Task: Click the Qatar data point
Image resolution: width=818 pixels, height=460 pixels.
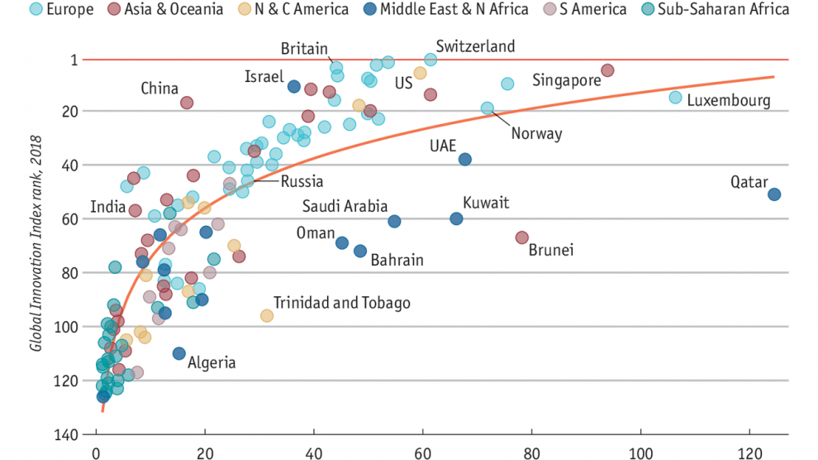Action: [x=774, y=194]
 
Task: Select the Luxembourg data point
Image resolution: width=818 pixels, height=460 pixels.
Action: [x=675, y=98]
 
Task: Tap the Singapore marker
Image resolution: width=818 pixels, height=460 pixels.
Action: [x=607, y=70]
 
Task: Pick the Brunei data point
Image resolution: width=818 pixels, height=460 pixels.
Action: [x=521, y=237]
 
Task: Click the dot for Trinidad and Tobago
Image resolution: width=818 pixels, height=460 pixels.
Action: [x=267, y=315]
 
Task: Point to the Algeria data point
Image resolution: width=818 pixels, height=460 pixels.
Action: [x=178, y=353]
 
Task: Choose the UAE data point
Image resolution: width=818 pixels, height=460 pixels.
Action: [x=465, y=159]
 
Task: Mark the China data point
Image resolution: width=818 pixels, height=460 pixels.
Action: [x=187, y=103]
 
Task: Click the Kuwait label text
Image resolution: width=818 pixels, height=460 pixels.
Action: [x=486, y=203]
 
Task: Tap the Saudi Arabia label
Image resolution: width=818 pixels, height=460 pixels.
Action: [x=345, y=206]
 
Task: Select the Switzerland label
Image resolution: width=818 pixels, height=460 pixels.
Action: [x=475, y=46]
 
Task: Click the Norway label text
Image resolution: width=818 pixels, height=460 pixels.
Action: [x=536, y=133]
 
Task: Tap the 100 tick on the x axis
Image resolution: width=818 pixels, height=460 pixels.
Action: [x=640, y=453]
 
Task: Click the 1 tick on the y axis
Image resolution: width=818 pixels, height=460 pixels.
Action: [x=74, y=60]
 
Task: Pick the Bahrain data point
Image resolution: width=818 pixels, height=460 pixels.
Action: [x=360, y=251]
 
